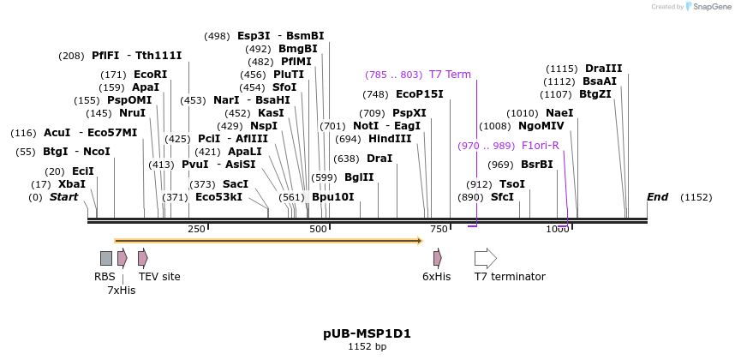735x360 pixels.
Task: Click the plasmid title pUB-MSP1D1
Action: pos(367,333)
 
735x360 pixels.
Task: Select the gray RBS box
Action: pos(106,258)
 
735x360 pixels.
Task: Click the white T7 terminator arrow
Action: pos(485,258)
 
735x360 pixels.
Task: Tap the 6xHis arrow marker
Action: pos(437,258)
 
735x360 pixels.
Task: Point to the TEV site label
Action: pos(159,277)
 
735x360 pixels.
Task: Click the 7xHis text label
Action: pos(121,291)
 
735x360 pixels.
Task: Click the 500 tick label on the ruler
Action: pos(318,229)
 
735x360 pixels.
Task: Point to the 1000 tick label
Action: pos(558,229)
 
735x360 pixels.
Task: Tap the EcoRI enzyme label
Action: pos(150,75)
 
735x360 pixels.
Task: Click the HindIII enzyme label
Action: pos(390,139)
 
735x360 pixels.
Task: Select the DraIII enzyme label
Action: pos(603,69)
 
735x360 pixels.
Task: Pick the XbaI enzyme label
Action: pos(72,184)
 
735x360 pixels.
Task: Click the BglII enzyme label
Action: pos(359,177)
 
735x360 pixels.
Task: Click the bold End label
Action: pos(657,197)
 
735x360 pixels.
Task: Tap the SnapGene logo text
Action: pos(711,7)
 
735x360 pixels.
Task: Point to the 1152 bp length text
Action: pos(367,347)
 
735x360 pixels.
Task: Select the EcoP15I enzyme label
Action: pos(419,94)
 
